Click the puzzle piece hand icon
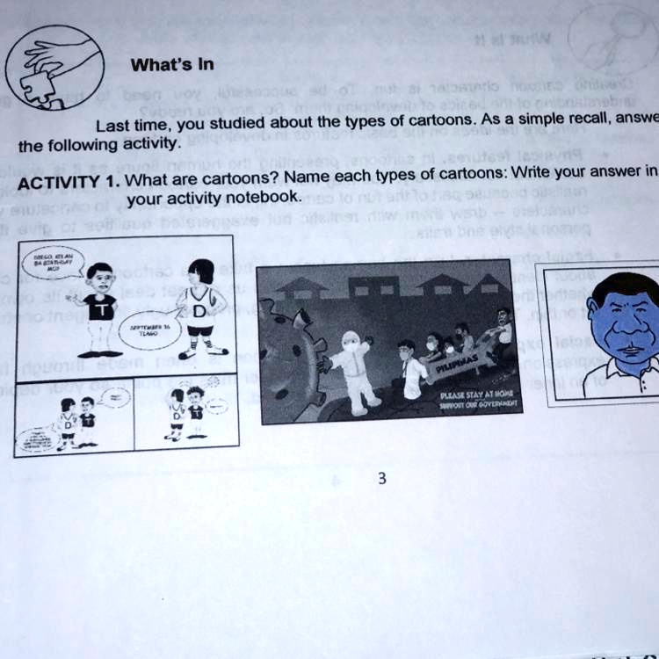coord(54,66)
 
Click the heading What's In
coord(171,64)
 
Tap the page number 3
coord(380,479)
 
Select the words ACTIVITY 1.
coord(69,185)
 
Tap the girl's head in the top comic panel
coord(201,271)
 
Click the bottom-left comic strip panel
coord(74,417)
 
